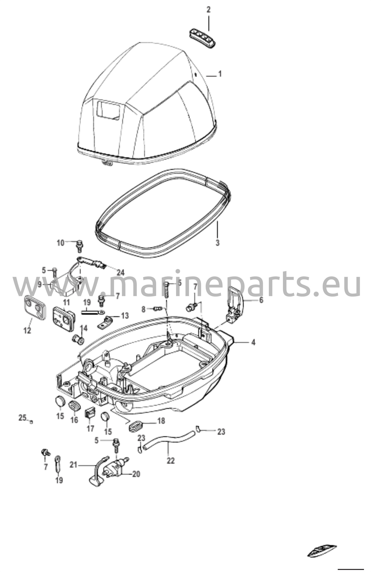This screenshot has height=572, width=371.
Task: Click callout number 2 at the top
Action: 208,10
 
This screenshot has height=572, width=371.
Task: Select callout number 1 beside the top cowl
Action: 220,74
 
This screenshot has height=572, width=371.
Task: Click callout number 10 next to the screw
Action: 61,243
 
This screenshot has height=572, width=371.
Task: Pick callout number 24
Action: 121,272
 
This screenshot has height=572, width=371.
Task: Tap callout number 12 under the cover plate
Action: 27,331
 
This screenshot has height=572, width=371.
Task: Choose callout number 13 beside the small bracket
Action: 125,316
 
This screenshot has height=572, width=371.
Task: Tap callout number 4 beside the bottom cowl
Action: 253,342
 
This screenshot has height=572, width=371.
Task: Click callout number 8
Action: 143,309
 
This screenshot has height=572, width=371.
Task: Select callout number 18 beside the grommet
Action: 161,421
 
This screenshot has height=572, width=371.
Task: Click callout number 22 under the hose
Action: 170,461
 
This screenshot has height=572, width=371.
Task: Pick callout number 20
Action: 136,474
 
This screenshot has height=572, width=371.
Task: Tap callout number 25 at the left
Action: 22,418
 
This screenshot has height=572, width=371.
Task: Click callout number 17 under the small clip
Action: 90,428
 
